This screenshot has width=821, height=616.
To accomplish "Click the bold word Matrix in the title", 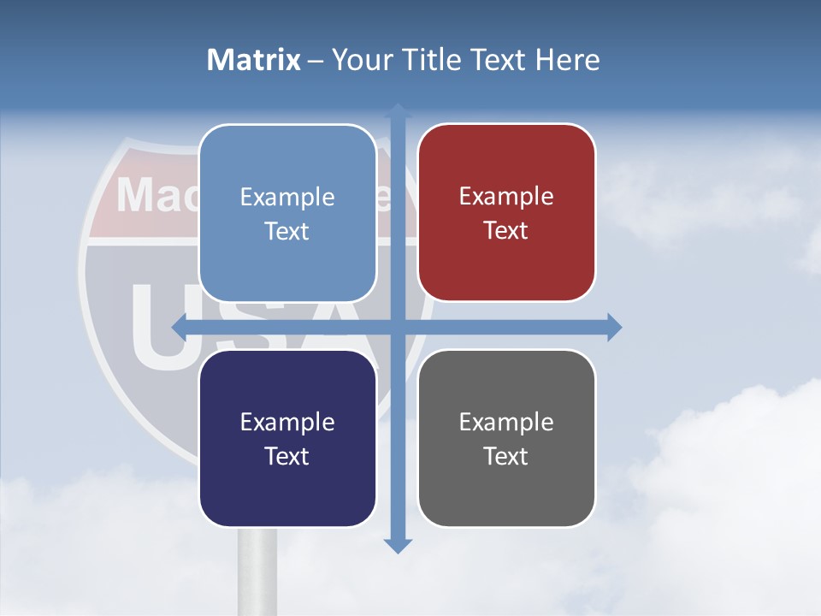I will click(254, 60).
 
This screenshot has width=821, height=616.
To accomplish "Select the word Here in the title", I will click(567, 60).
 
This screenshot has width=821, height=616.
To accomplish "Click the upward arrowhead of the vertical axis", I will click(398, 111).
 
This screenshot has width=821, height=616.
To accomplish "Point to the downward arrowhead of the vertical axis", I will click(398, 545).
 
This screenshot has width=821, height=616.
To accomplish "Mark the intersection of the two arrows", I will click(398, 327).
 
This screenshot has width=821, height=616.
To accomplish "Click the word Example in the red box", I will click(506, 197).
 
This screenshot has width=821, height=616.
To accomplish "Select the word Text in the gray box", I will click(506, 457).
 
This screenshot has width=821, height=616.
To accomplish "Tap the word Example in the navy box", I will click(287, 422).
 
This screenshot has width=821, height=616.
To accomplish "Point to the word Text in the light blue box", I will click(287, 232).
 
